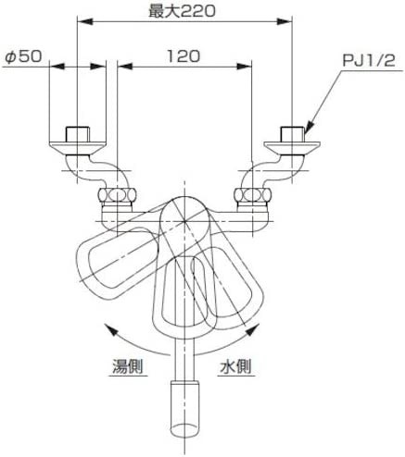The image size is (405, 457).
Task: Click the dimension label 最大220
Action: click(x=182, y=11)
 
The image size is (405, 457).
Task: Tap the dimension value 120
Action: click(x=184, y=56)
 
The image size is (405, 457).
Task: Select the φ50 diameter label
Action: click(x=23, y=56)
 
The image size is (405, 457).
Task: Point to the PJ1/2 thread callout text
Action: click(x=369, y=61)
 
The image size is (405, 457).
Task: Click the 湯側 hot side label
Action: click(x=127, y=366)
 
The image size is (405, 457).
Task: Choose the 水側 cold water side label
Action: click(x=235, y=366)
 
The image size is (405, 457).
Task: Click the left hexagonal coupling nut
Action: click(x=117, y=195)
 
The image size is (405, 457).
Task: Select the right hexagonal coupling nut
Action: click(x=253, y=195)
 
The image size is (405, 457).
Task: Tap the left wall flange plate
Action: click(x=77, y=148)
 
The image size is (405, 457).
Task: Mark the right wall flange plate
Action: click(x=292, y=148)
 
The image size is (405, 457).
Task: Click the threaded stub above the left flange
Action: click(x=77, y=134)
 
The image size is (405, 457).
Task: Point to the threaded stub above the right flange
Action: click(x=292, y=134)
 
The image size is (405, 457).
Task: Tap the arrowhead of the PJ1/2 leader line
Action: click(x=310, y=127)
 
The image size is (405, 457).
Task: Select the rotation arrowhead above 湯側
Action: click(x=110, y=329)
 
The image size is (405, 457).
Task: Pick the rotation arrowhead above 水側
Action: click(x=252, y=329)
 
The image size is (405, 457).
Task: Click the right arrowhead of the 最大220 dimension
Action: click(x=285, y=21)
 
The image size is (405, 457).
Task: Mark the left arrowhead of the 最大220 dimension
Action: click(x=84, y=21)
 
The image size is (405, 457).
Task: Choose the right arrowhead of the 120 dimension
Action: click(x=244, y=66)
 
